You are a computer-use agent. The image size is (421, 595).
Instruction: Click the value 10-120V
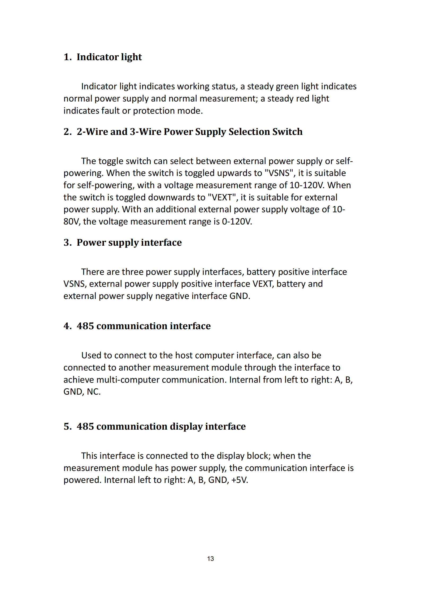(x=307, y=185)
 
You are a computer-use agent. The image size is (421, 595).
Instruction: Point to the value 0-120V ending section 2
(x=237, y=222)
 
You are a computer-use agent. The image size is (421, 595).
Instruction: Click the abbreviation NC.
(x=93, y=392)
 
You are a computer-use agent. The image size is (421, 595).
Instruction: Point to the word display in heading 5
(x=186, y=426)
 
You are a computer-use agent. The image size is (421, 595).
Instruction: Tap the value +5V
(x=240, y=480)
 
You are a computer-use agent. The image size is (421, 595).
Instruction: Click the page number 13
(x=210, y=559)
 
